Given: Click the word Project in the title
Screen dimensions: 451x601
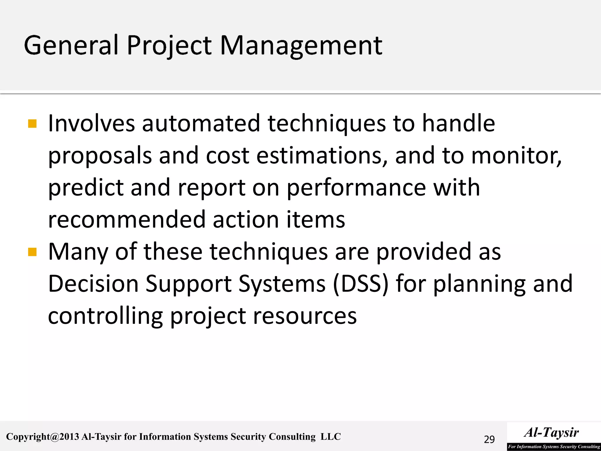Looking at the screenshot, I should tap(169, 46).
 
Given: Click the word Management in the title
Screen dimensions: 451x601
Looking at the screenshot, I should tap(301, 46).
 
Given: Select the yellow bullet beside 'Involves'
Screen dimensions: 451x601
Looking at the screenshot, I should tap(32, 124).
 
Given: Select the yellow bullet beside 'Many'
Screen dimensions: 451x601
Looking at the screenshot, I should tap(32, 252).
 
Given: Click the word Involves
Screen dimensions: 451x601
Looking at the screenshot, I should tap(91, 123).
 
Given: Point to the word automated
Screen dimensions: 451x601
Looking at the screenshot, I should tap(201, 123).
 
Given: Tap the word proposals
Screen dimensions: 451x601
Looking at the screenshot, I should tap(100, 156).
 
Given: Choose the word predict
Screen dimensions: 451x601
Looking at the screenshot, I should tap(86, 188).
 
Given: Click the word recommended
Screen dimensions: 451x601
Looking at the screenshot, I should tap(126, 219).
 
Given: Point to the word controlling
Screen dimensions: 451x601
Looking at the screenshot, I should tap(105, 316).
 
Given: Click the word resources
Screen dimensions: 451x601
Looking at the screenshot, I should tap(305, 316).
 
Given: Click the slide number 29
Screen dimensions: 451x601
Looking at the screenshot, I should tap(489, 440).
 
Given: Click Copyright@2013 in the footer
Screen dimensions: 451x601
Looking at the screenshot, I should tap(43, 437).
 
